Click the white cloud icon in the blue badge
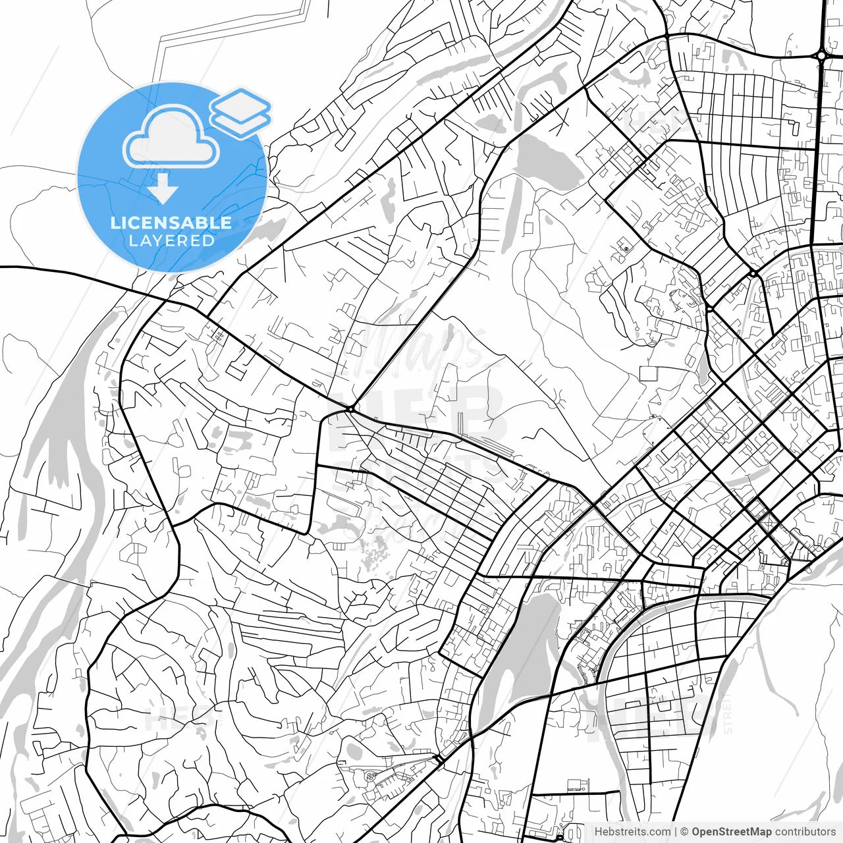point(171,139)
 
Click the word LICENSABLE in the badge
point(171,223)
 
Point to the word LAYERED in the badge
point(171,240)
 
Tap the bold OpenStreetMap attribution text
point(731,832)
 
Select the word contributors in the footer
point(805,832)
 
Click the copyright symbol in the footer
point(684,832)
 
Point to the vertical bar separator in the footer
point(676,832)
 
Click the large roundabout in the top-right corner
point(821,56)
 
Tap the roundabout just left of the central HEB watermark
point(351,409)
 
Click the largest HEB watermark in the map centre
point(421,415)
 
